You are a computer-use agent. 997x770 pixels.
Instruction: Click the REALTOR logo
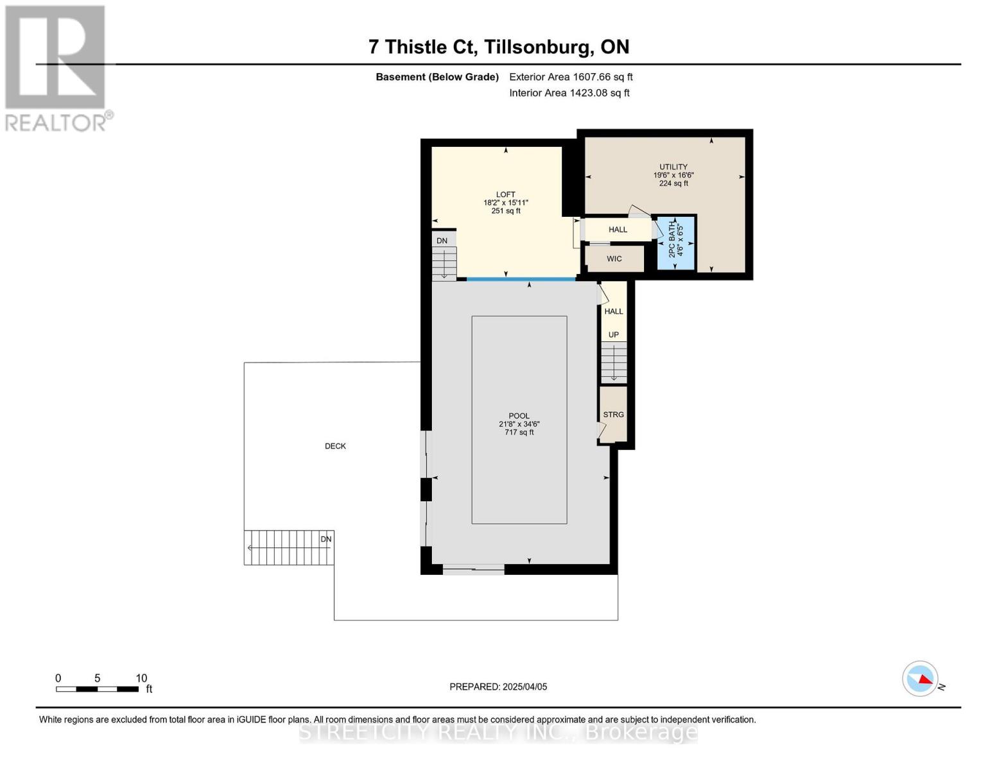56,67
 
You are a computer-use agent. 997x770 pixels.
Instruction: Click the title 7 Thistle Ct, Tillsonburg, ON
498,47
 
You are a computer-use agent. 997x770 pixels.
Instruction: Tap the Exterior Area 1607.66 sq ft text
571,77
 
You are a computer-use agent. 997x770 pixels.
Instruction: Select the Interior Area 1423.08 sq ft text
569,93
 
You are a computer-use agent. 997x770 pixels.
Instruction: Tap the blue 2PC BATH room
676,243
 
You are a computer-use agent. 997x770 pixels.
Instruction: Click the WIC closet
614,259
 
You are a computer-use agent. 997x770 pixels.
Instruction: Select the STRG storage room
613,415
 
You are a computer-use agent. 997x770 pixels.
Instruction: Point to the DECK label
335,446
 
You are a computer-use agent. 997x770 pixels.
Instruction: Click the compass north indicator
921,678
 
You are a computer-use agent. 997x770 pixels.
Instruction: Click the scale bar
98,689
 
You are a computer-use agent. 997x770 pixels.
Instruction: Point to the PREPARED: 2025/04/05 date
498,687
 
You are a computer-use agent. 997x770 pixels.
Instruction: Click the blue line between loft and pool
521,279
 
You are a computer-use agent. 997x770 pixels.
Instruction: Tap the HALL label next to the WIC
618,230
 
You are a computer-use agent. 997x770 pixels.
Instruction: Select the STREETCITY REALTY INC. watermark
498,732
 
